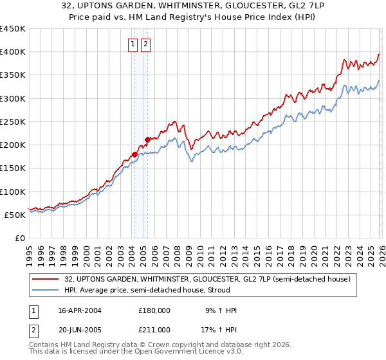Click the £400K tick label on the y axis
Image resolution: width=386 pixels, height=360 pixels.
13,52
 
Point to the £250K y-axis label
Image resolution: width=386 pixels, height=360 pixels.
13,122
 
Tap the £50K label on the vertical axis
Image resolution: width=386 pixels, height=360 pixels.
15,215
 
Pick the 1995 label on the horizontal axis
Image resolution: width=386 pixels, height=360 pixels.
30,251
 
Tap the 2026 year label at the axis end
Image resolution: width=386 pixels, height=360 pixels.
380,251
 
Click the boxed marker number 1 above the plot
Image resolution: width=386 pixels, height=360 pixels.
133,44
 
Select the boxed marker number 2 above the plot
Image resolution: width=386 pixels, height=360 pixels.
145,44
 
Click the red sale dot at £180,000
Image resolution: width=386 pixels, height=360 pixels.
134,154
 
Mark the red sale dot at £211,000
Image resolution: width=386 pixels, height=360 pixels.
147,139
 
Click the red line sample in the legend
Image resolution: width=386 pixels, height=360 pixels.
46,279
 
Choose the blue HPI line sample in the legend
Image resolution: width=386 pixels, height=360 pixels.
46,290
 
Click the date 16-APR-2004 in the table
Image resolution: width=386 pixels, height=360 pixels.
80,310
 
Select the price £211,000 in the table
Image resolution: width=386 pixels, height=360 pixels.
154,330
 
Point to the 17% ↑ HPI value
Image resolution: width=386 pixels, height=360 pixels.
220,330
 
